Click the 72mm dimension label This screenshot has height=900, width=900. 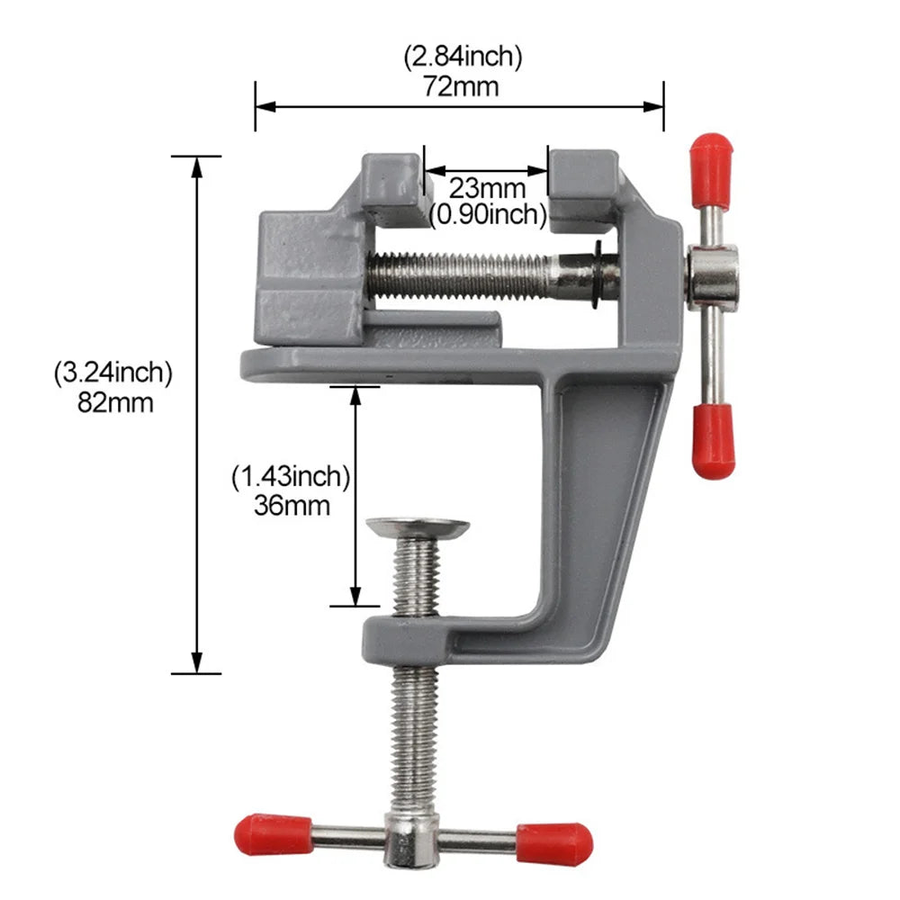coord(460,87)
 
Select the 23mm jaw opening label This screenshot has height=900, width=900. coord(487,189)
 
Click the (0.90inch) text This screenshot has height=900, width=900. coord(487,213)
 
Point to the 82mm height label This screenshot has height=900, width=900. coord(113,402)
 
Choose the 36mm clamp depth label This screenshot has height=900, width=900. coord(291,505)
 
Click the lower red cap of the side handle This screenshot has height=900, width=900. coord(713,440)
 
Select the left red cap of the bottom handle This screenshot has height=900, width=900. coord(272,834)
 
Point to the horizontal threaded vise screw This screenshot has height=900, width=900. coord(468,274)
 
